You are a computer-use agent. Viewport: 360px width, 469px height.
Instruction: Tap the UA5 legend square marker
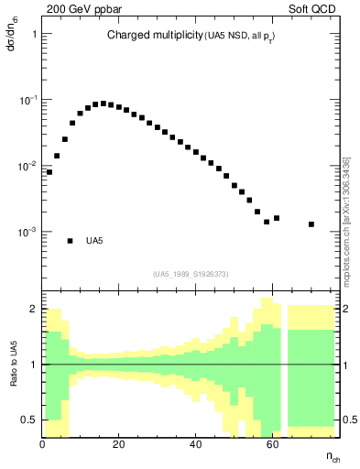[x=70, y=241]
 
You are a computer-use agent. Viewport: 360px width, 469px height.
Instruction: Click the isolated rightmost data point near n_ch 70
[x=311, y=224]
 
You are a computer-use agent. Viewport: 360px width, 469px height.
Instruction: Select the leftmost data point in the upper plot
[x=49, y=171]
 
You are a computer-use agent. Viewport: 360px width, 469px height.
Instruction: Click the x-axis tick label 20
[x=119, y=445]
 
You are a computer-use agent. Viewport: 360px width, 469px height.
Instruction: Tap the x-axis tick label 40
[x=195, y=445]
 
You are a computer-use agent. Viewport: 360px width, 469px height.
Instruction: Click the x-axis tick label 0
[x=43, y=445]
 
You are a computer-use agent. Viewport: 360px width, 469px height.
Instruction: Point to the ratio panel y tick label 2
[x=34, y=310]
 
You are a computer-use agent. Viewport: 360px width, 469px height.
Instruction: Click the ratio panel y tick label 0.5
[x=29, y=420]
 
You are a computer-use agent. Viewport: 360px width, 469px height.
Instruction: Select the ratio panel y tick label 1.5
[x=29, y=337]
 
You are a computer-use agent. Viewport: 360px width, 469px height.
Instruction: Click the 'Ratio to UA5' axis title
[x=12, y=365]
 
